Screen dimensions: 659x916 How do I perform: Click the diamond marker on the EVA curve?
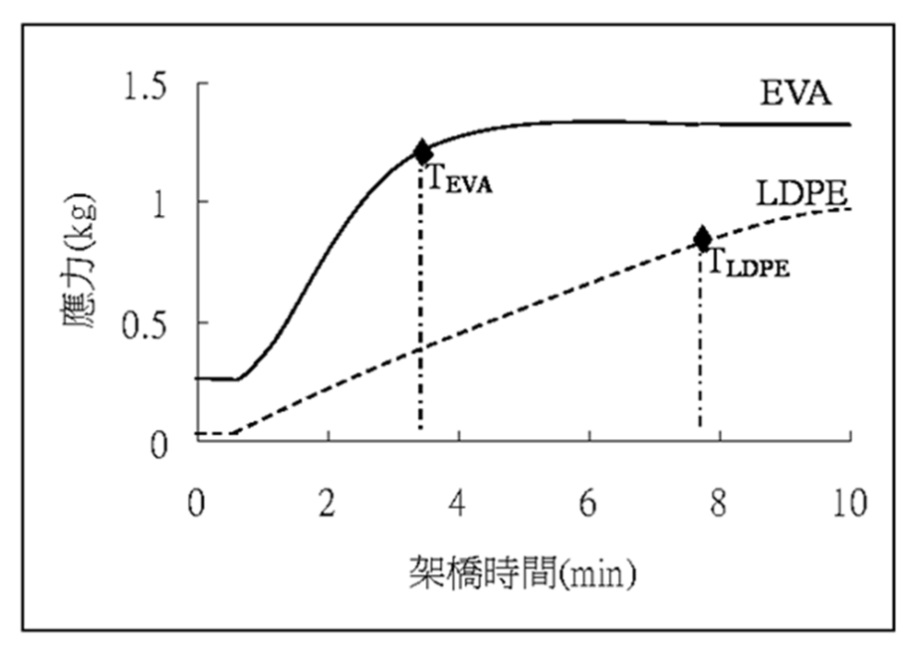pyautogui.click(x=423, y=152)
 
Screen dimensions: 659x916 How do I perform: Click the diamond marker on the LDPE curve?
pyautogui.click(x=703, y=239)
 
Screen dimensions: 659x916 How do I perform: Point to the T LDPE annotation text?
pyautogui.click(x=748, y=264)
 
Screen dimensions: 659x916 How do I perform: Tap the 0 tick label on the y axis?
pyautogui.click(x=157, y=442)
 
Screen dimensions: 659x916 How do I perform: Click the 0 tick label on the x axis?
pyautogui.click(x=196, y=505)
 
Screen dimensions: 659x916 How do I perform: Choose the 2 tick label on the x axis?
pyautogui.click(x=327, y=505)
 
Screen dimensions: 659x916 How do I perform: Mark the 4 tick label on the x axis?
pyautogui.click(x=458, y=505)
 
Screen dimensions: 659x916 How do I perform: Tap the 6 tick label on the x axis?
pyautogui.click(x=588, y=505)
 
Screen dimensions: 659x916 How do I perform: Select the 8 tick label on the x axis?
pyautogui.click(x=720, y=505)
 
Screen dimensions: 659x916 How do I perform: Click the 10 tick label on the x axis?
pyautogui.click(x=848, y=505)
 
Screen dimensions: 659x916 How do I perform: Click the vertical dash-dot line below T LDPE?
pyautogui.click(x=702, y=348)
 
